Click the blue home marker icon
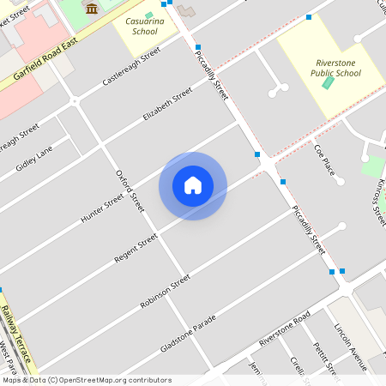tap(193, 185)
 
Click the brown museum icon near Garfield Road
tap(92, 8)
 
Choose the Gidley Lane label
tap(33, 157)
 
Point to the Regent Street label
tap(136, 247)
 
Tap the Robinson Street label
tap(164, 293)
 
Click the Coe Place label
tap(323, 160)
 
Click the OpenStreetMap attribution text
tap(86, 380)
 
